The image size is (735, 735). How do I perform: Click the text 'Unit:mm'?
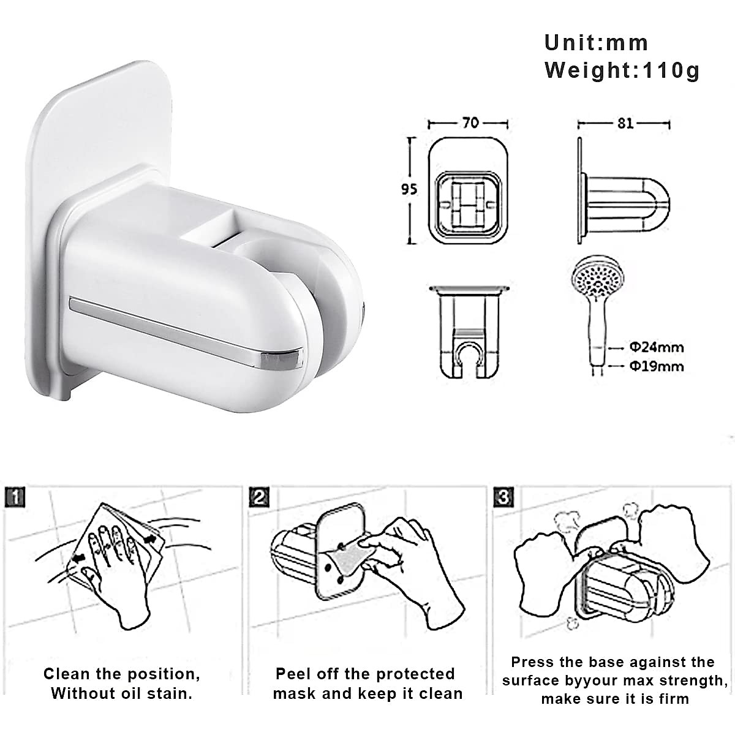point(596,43)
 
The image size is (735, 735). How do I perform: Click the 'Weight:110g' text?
point(622,70)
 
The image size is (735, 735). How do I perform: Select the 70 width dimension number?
point(470,123)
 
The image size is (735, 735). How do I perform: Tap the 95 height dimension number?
point(409,189)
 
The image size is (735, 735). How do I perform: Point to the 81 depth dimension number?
point(625,123)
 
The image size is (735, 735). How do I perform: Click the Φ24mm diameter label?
point(656,347)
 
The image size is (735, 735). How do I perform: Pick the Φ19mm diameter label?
point(656,366)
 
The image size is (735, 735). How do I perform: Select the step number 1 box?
point(14,497)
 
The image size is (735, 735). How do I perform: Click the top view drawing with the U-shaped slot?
point(469,331)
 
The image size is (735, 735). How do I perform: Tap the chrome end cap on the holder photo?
point(283,359)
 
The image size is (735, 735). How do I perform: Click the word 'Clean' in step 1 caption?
point(66,674)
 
